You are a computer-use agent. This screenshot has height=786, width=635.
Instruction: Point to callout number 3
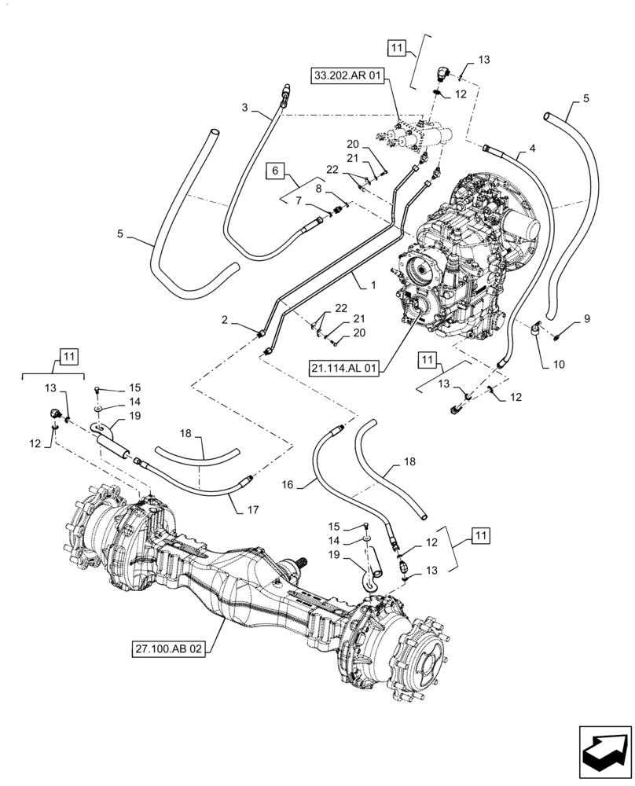click(244, 107)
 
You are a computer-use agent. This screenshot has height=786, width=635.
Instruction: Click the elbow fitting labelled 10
click(538, 327)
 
